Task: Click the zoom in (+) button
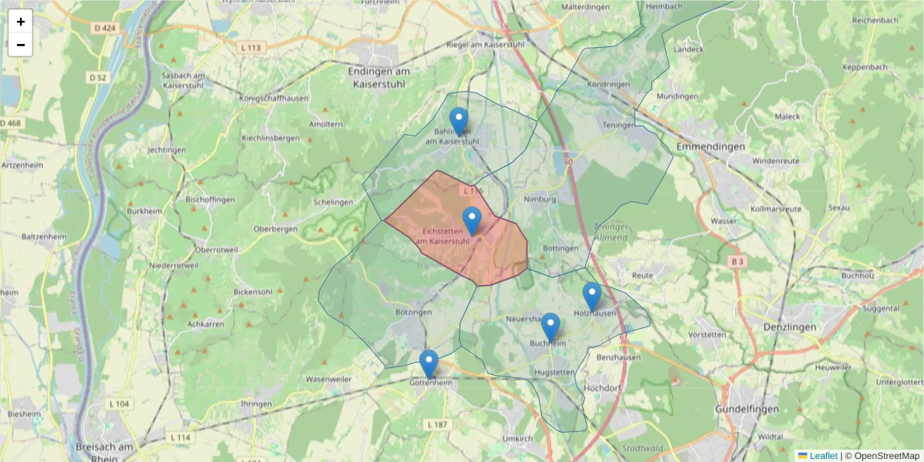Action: click(x=21, y=22)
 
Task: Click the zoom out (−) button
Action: click(x=21, y=45)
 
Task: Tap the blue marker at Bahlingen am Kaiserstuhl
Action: click(x=459, y=121)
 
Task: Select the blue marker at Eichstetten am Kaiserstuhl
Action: click(x=472, y=220)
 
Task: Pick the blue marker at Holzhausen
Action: click(x=591, y=296)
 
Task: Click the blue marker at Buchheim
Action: click(x=551, y=326)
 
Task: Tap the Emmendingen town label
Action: click(x=710, y=146)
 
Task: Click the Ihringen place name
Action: click(x=256, y=403)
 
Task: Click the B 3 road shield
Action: click(x=738, y=262)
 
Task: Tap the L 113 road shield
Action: click(x=251, y=48)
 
